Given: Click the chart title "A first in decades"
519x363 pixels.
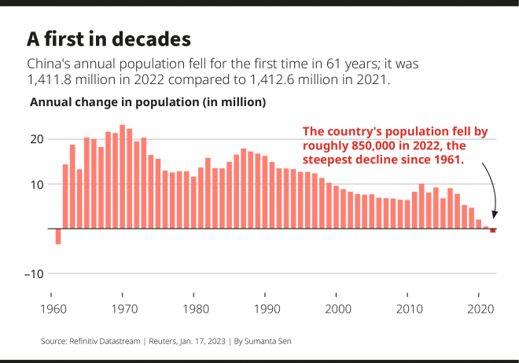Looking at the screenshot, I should click(x=109, y=38).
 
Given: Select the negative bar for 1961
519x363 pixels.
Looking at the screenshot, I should click(x=58, y=236).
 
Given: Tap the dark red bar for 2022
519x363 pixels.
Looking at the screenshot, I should click(x=493, y=230).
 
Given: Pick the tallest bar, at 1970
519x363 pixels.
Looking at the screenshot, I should click(x=123, y=177).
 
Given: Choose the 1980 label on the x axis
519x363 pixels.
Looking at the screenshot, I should click(x=194, y=309).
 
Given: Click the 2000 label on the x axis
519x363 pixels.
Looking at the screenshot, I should click(x=337, y=309).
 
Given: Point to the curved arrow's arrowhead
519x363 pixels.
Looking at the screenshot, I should click(x=495, y=215).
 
